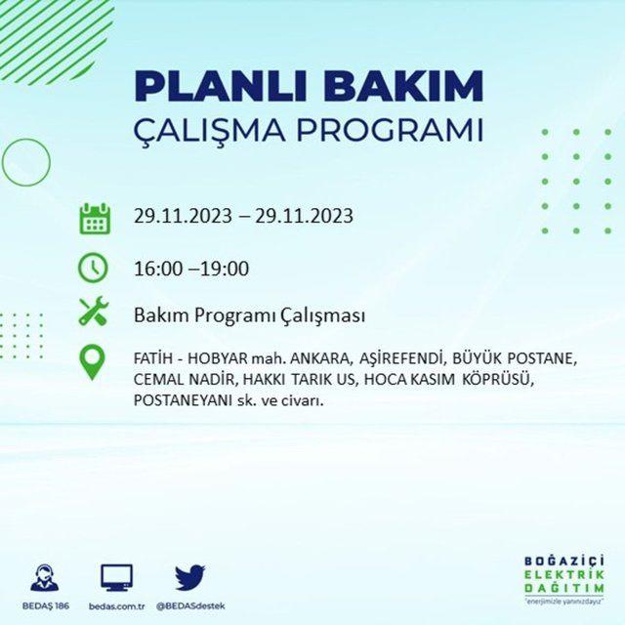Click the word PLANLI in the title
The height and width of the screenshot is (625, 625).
(221, 86)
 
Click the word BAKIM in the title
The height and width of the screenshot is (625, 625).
(403, 86)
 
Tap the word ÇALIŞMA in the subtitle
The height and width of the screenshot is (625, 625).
(209, 130)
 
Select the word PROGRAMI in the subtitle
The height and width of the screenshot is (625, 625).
(390, 130)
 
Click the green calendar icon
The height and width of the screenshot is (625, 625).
(95, 219)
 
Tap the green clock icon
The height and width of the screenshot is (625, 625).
(93, 267)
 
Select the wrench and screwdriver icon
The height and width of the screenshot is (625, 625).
(94, 311)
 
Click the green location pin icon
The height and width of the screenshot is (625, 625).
(92, 362)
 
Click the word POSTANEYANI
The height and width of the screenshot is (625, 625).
(183, 400)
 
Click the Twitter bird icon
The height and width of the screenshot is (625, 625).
(190, 577)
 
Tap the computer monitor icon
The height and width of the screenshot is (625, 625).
(116, 577)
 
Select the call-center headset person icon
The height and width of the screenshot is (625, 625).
(45, 577)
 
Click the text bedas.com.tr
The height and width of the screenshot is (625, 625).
(116, 606)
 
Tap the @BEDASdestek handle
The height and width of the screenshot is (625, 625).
(190, 606)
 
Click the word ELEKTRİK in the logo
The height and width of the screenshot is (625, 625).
(564, 575)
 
